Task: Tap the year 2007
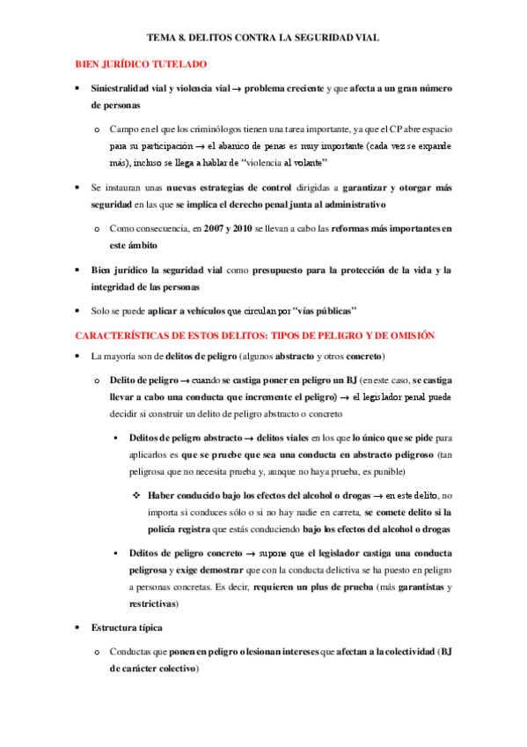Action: pos(216,228)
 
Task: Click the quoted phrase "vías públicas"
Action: pos(317,311)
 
